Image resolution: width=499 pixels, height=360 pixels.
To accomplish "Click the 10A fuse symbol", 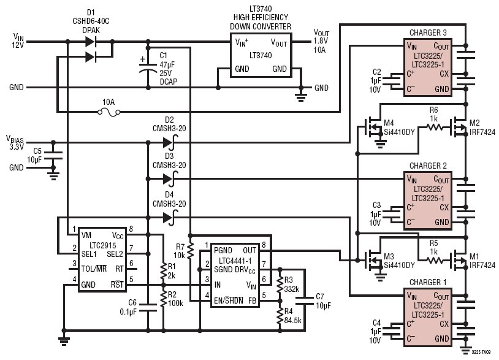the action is (x=109, y=112).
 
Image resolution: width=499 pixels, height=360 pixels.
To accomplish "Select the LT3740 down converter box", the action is (x=261, y=55).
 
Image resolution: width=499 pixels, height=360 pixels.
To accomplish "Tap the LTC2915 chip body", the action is (x=102, y=259).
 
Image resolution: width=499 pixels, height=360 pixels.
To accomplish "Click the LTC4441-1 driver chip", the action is (x=235, y=271).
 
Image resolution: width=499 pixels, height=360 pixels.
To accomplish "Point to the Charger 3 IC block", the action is (x=428, y=67).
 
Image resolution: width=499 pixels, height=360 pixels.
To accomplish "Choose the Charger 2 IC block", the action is (x=428, y=201).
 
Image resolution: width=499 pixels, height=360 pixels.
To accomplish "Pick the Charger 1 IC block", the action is (x=428, y=316).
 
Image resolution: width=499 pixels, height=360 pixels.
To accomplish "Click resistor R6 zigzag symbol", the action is (x=434, y=128).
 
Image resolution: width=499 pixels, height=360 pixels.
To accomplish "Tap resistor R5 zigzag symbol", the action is (x=434, y=261).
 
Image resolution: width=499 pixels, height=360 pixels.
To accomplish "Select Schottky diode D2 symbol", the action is (x=169, y=142).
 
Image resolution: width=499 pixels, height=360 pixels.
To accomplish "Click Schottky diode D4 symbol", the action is (x=169, y=218).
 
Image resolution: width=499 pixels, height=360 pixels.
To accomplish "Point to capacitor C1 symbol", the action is (x=148, y=67).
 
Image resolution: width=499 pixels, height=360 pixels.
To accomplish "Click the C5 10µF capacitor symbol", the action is (x=53, y=155).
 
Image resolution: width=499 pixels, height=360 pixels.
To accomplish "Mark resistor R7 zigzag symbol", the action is (x=190, y=251).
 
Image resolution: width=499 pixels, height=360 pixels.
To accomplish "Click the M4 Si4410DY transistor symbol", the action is (x=372, y=128).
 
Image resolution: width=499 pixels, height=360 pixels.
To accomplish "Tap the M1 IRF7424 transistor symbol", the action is (x=459, y=261).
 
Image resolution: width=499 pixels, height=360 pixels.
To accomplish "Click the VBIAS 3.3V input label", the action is (x=15, y=142).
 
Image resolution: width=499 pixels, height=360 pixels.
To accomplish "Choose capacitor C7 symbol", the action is (x=305, y=301).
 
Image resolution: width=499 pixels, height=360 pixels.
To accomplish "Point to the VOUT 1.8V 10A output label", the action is (x=321, y=41).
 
